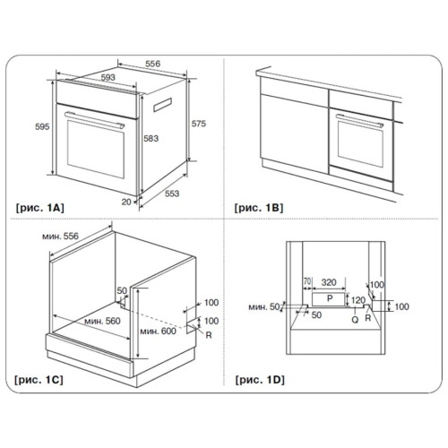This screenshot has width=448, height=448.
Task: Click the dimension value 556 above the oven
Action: (152, 64)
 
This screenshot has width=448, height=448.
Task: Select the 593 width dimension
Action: (108, 77)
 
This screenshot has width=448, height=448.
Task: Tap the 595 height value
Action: (42, 126)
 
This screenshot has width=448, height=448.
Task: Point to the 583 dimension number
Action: (151, 138)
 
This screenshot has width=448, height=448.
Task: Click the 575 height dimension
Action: (199, 124)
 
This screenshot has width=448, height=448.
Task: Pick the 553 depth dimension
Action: (172, 194)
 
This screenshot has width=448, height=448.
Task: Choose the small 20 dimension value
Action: (126, 202)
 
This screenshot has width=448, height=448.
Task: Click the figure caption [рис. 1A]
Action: (39, 208)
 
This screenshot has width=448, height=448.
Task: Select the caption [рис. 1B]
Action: (259, 208)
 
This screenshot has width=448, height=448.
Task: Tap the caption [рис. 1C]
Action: (39, 380)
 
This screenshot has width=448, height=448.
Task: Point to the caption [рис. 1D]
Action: (260, 380)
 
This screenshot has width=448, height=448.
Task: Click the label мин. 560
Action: (102, 321)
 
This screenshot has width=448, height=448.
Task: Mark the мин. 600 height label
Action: (158, 331)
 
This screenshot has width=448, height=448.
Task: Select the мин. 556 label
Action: (60, 237)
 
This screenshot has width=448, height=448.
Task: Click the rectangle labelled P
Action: (329, 299)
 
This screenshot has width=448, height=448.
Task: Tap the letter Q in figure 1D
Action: (355, 320)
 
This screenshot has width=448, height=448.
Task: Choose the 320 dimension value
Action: (329, 282)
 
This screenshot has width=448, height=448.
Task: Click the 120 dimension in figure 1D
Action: (358, 300)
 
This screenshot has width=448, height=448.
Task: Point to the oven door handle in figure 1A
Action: (94, 119)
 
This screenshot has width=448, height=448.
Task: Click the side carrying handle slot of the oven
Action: (162, 105)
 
